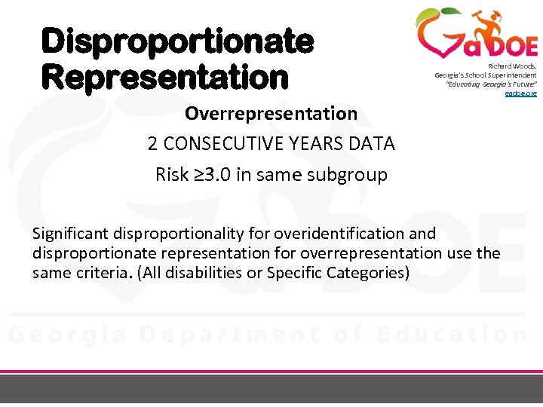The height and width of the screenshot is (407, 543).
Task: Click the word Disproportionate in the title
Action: coord(176,42)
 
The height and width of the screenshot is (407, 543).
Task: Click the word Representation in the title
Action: coord(165,76)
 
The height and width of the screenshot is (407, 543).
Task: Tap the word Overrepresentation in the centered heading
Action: coord(271,114)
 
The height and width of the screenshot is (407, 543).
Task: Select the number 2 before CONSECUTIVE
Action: coord(152,144)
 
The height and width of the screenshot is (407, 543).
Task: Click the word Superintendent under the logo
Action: coord(511,75)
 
